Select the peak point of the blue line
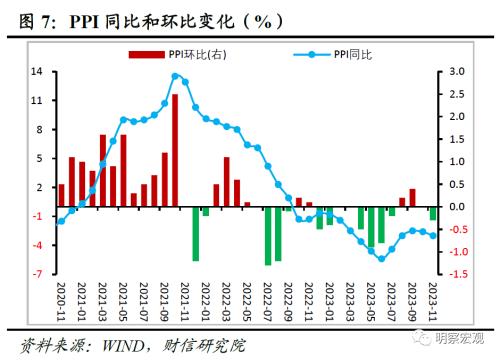(x=175, y=76)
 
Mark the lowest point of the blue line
(x=380, y=259)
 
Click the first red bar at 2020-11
(x=61, y=195)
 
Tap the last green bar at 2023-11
(x=433, y=213)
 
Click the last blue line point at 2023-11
(x=433, y=235)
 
